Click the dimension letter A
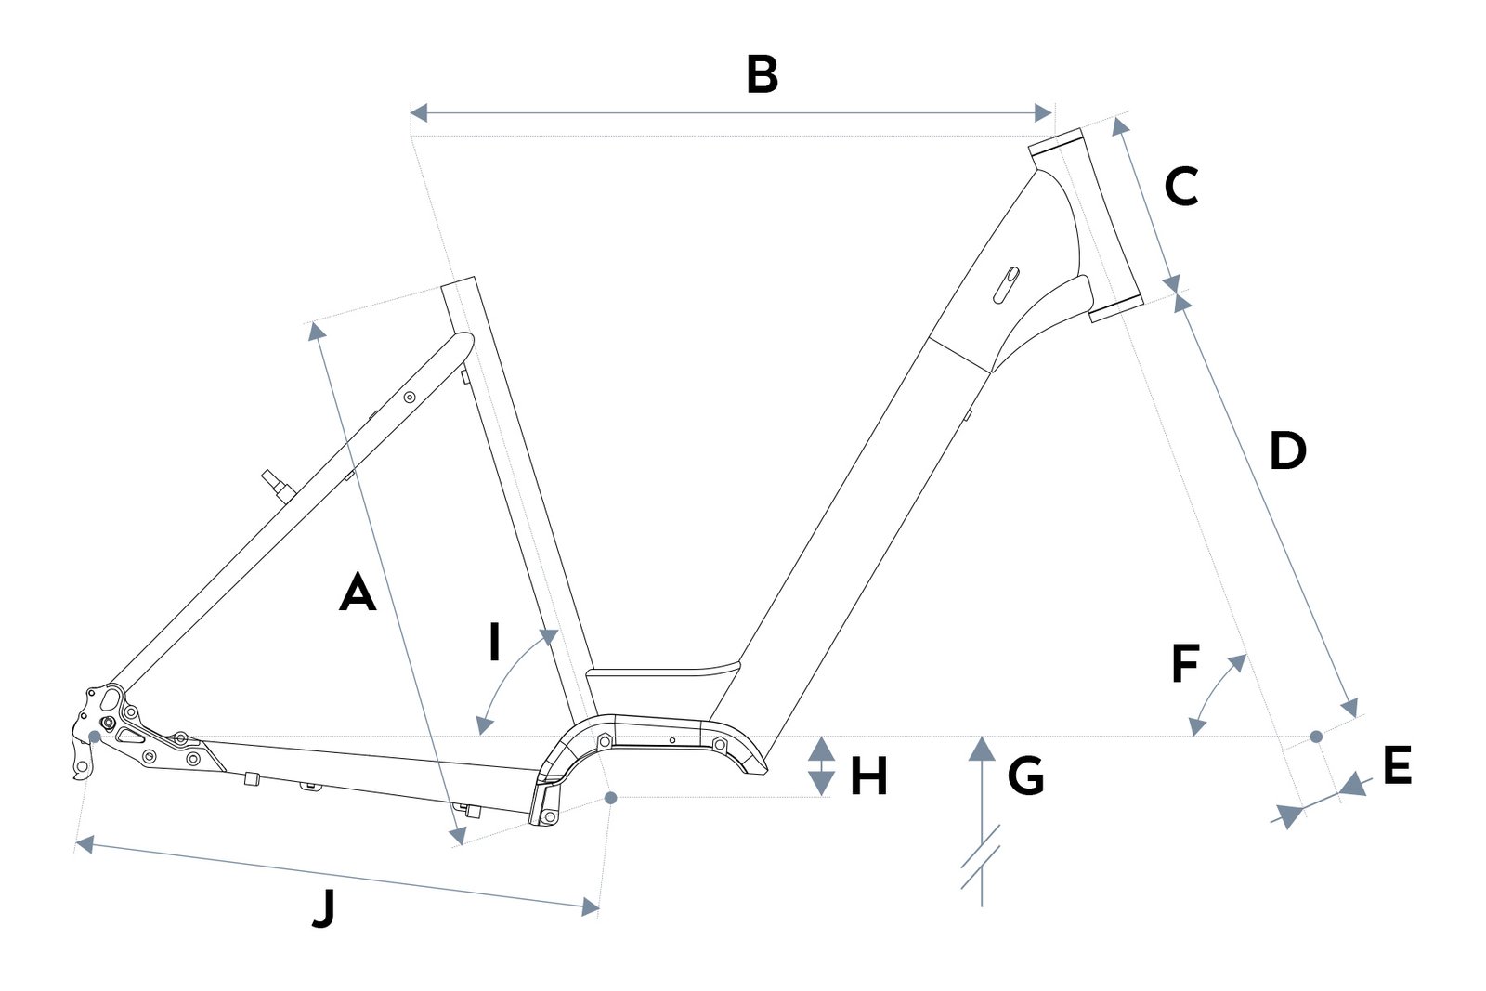pyautogui.click(x=358, y=593)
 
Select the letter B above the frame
pyautogui.click(x=762, y=75)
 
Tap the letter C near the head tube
pyautogui.click(x=1181, y=187)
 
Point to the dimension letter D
pyautogui.click(x=1287, y=451)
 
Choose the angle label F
pyautogui.click(x=1185, y=663)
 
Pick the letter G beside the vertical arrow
pyautogui.click(x=1025, y=776)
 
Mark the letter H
pyautogui.click(x=869, y=776)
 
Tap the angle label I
pyautogui.click(x=494, y=642)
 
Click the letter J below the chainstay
pyautogui.click(x=324, y=909)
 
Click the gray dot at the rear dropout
pyautogui.click(x=95, y=737)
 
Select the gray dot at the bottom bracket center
pyautogui.click(x=611, y=798)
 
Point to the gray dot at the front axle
pyautogui.click(x=1317, y=737)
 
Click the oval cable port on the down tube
pyautogui.click(x=1006, y=285)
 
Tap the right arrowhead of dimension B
pyautogui.click(x=1044, y=113)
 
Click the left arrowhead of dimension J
pyautogui.click(x=85, y=845)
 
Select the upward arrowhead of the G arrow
pyautogui.click(x=982, y=749)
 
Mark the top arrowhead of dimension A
pyautogui.click(x=316, y=331)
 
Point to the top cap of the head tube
pyautogui.click(x=1056, y=140)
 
